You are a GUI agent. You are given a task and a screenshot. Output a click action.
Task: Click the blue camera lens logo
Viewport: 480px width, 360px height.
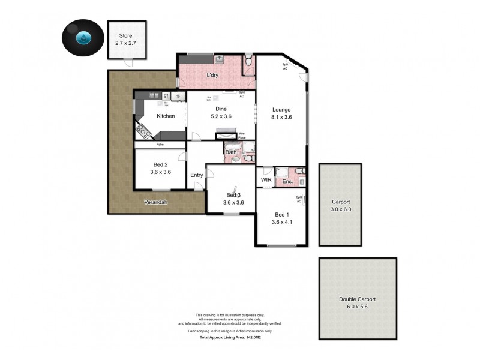click(x=82, y=38)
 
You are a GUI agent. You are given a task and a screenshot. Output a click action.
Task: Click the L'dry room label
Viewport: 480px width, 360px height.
click(x=212, y=76)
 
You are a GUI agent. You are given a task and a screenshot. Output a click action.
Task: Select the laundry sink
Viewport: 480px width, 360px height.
click(x=220, y=59)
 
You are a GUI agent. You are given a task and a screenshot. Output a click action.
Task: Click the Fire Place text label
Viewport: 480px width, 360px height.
click(x=242, y=135)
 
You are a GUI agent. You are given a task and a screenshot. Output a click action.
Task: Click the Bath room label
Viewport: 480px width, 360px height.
click(x=231, y=152)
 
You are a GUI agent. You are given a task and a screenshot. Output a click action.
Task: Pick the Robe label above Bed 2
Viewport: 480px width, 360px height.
click(x=160, y=145)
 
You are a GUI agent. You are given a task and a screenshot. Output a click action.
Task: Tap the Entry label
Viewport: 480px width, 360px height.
click(x=196, y=175)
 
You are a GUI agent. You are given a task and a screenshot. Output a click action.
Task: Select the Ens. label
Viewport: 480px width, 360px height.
click(x=287, y=181)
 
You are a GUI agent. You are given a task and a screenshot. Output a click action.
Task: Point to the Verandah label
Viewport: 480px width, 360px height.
click(x=155, y=202)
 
